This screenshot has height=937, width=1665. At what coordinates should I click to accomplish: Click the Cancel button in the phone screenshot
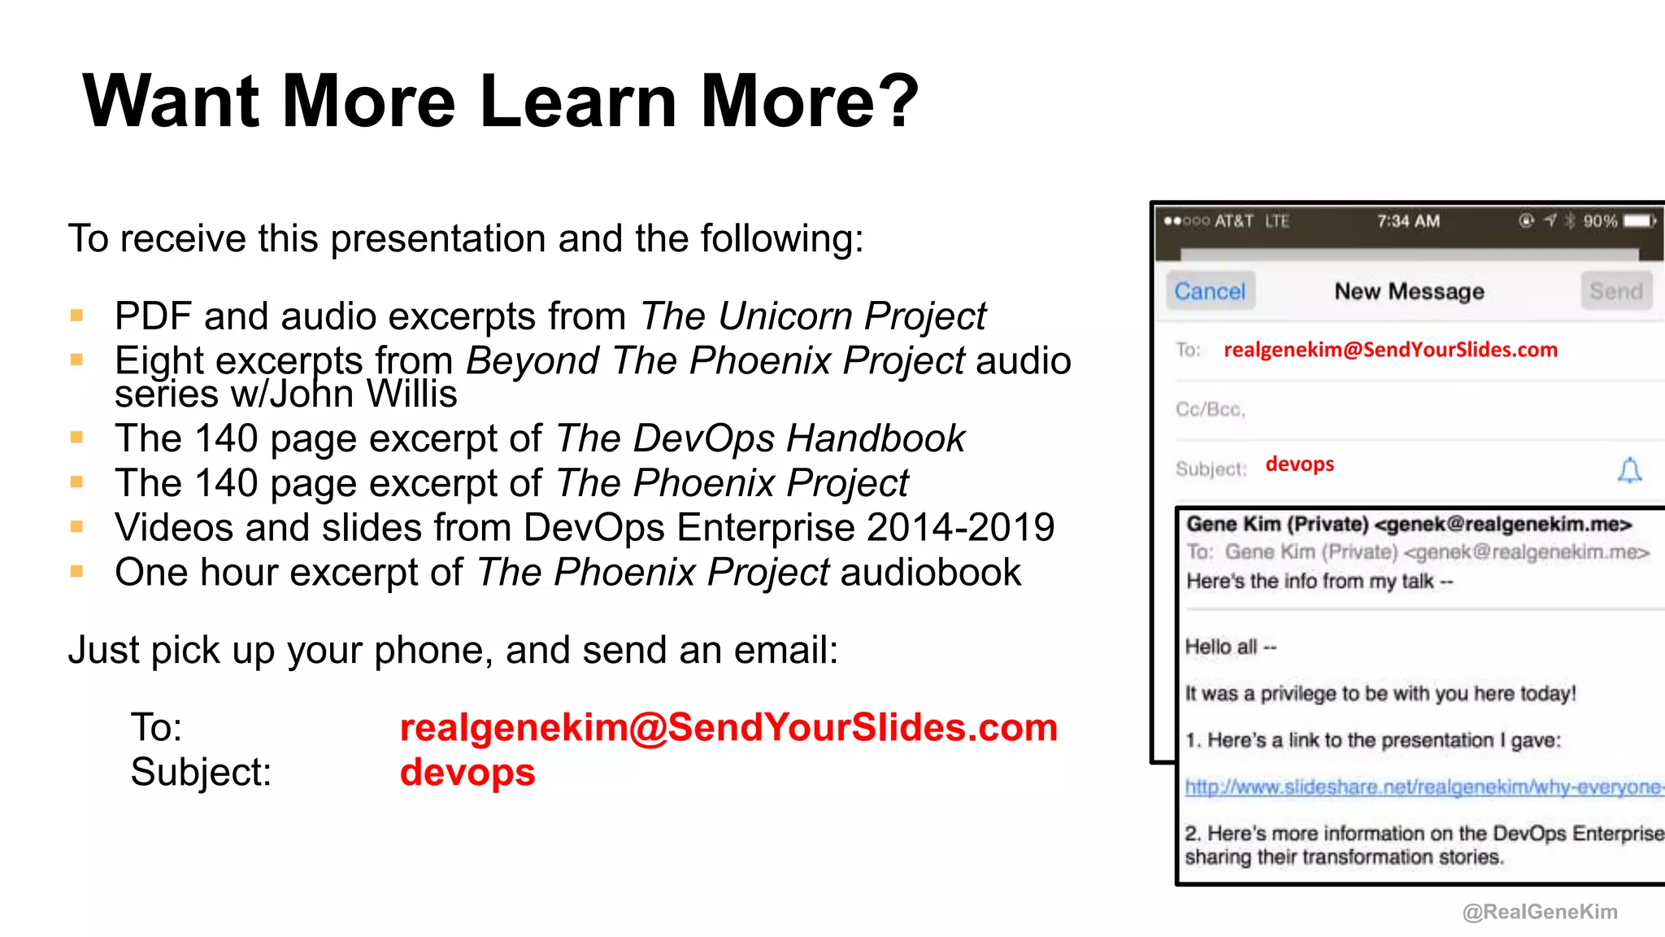[x=1210, y=291]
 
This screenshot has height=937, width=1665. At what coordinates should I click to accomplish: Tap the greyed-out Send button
[x=1616, y=291]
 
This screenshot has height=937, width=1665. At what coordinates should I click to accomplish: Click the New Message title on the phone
[x=1409, y=291]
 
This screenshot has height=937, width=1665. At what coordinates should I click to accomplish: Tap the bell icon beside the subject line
[x=1629, y=470]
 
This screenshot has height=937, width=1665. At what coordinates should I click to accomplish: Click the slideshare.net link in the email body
[x=1423, y=787]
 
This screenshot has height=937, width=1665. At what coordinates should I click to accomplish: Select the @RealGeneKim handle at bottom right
[x=1540, y=912]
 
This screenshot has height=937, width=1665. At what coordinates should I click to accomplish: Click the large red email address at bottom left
[x=728, y=727]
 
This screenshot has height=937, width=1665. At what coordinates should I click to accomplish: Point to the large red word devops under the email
[x=467, y=772]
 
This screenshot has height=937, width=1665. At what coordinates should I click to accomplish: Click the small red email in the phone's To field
[x=1390, y=350]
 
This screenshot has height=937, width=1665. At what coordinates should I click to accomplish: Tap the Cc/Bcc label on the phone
[x=1210, y=409]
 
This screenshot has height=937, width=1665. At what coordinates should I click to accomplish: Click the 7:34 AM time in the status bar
[x=1408, y=221]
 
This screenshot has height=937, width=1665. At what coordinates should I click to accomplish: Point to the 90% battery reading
[x=1599, y=221]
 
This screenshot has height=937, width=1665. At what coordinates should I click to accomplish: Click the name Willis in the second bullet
[x=411, y=394]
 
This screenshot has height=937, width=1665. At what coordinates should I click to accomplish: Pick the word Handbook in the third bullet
[x=876, y=438]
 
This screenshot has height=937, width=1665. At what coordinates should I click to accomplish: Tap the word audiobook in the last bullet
[x=930, y=572]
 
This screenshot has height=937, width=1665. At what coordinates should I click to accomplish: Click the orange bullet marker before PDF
[x=77, y=316]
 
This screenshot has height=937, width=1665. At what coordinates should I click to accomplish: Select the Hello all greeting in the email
[x=1230, y=647]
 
